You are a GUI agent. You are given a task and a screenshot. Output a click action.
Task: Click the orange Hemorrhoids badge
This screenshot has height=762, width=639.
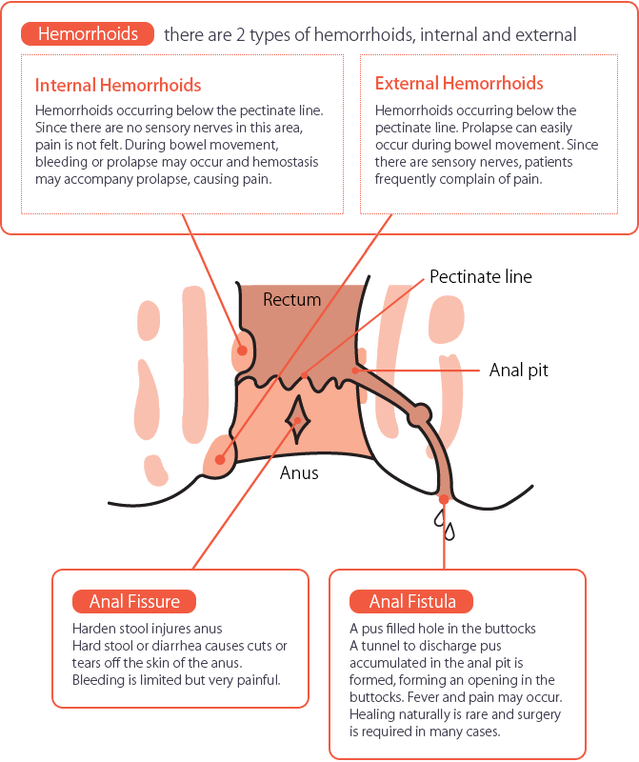(88, 34)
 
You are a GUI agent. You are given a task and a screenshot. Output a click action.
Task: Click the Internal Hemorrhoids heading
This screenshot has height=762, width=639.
(118, 85)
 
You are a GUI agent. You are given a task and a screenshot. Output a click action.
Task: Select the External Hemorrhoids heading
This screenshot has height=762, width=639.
(459, 83)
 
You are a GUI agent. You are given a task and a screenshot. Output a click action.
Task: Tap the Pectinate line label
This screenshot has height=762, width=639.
(481, 276)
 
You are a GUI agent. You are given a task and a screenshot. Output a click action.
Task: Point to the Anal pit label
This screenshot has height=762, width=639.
(518, 371)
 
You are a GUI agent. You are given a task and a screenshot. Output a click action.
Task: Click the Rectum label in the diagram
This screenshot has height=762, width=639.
(292, 299)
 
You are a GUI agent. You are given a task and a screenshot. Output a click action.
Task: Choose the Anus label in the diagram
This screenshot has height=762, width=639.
(299, 472)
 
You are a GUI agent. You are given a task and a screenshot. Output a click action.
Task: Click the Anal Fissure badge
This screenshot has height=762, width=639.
(134, 602)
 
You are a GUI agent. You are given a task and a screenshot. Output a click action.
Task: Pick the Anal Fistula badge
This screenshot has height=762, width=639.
(411, 602)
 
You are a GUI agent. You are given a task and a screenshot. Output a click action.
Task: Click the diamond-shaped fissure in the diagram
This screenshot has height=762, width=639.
(297, 419)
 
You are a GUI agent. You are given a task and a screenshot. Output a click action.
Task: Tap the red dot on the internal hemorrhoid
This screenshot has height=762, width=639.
(242, 351)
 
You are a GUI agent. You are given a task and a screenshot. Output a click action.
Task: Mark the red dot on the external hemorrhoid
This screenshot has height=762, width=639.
(220, 459)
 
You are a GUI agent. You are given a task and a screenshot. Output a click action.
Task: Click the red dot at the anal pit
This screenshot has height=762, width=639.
(355, 371)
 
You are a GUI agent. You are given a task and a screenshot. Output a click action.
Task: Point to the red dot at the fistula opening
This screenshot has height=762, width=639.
(444, 499)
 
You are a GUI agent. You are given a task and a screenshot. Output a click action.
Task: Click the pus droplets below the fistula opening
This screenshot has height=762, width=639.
(445, 525)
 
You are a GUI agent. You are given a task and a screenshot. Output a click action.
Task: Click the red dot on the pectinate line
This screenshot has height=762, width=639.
(304, 375)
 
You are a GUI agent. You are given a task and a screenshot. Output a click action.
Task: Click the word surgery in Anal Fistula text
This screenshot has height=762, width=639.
(537, 714)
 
